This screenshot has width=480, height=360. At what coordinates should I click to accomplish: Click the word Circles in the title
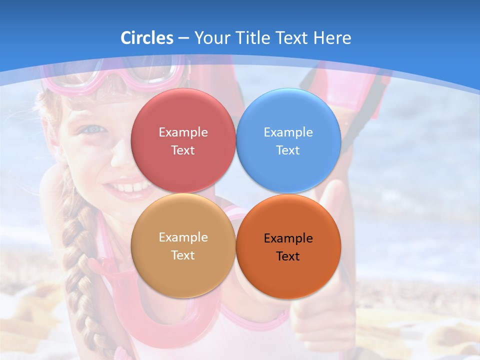click(x=146, y=38)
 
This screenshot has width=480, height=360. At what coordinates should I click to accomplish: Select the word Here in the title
click(x=332, y=38)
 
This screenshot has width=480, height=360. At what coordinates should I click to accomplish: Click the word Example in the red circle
click(x=183, y=132)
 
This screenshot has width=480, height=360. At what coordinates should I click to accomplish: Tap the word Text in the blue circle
click(x=288, y=150)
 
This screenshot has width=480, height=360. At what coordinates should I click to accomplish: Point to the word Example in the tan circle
click(x=183, y=237)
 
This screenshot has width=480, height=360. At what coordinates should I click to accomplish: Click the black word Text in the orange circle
click(x=288, y=256)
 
